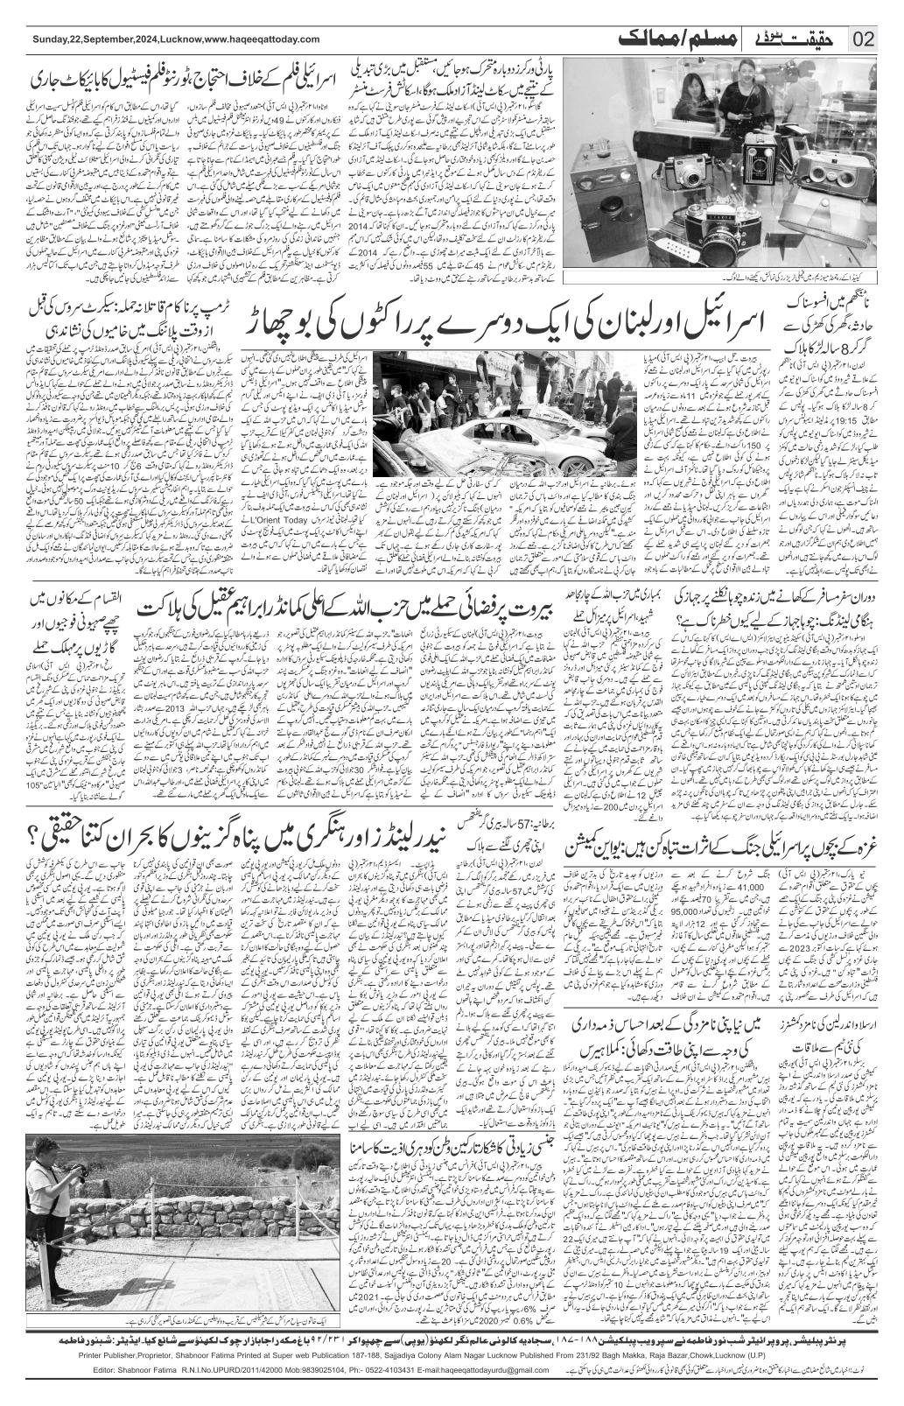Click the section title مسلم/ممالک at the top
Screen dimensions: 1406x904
(666, 39)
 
